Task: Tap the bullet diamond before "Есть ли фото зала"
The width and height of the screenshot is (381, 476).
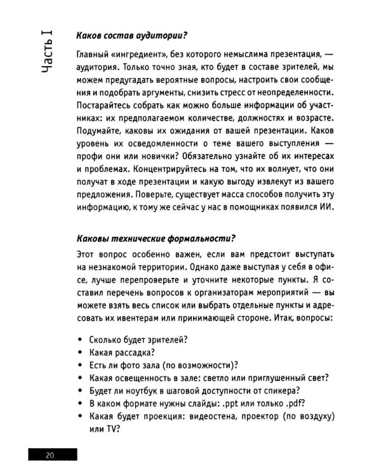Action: click(x=79, y=365)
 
